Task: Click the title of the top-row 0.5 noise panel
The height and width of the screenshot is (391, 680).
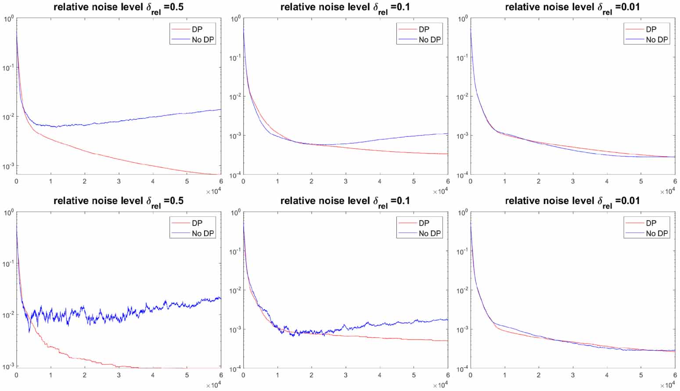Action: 119,7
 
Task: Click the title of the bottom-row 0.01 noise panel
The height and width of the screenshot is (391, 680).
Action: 572,201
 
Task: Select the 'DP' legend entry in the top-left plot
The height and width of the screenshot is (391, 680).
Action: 197,29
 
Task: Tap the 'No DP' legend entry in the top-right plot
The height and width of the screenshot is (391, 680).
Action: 656,39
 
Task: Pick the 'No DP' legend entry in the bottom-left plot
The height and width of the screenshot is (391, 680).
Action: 202,233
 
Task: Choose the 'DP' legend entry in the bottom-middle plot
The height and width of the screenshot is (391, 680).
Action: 424,223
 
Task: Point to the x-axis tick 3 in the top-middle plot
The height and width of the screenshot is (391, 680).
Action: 345,181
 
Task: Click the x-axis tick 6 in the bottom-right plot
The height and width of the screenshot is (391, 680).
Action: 675,375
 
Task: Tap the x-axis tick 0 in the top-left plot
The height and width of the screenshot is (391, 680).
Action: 17,181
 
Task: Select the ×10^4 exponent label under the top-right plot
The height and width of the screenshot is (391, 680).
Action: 667,191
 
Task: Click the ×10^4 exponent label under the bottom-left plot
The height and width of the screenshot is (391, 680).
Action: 213,385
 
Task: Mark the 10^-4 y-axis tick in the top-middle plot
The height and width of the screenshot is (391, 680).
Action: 235,176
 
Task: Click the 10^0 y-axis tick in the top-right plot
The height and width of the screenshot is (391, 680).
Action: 462,19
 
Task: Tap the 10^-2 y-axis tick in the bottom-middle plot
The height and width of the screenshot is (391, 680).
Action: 235,291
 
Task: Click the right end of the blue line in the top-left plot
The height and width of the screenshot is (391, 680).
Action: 220,110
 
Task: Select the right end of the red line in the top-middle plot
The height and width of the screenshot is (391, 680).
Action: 447,154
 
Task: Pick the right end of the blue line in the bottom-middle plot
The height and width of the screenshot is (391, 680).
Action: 447,320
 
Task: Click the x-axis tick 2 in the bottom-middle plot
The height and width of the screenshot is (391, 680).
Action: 311,375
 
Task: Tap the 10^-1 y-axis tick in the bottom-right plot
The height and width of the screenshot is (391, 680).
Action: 462,251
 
